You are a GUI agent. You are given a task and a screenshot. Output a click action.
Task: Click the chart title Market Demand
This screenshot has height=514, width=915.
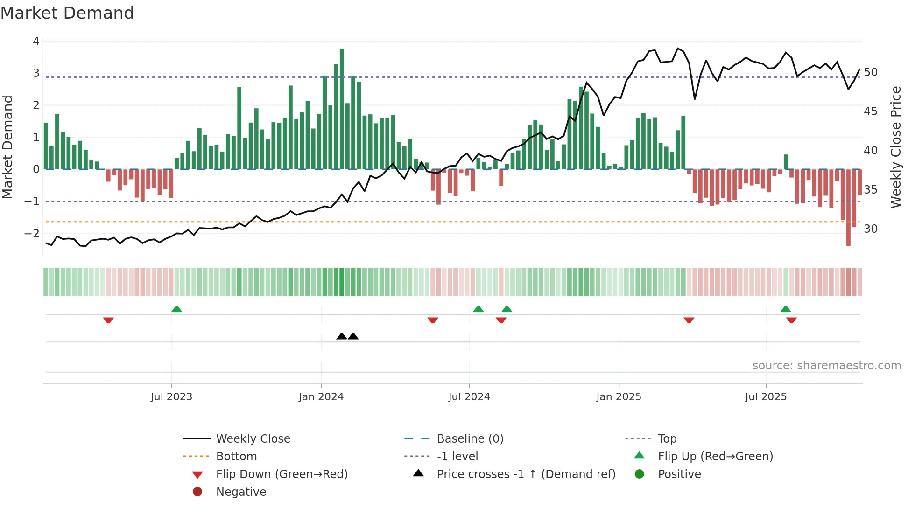click(67, 13)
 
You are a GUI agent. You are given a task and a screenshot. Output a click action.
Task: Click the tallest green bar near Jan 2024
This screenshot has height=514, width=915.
click(342, 108)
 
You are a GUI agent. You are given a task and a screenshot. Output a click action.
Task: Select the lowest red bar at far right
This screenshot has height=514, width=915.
click(848, 208)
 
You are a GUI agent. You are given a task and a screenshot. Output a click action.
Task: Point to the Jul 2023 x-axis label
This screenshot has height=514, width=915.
click(171, 397)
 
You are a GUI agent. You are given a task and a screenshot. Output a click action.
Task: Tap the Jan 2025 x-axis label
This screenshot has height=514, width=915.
click(619, 397)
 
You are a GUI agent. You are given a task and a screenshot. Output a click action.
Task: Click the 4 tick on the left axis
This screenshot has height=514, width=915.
click(36, 42)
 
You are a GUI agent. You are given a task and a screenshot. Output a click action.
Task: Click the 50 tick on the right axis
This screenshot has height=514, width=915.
click(871, 72)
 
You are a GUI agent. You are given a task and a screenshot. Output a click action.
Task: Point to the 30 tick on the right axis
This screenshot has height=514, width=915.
click(871, 229)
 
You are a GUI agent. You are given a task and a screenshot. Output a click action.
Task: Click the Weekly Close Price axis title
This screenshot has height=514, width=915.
click(895, 147)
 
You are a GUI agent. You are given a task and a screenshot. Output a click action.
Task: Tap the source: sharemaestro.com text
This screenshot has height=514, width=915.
click(826, 366)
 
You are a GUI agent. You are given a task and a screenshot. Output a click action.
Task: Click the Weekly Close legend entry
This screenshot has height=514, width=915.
click(253, 439)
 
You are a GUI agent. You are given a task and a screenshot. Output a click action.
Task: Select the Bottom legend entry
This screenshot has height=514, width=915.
click(236, 457)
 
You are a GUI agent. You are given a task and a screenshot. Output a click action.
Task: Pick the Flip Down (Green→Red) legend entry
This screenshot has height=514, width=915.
click(282, 474)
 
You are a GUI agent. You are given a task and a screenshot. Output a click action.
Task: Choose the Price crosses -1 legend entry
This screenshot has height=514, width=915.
click(526, 474)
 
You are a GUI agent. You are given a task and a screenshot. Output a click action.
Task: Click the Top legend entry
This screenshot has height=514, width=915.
click(667, 439)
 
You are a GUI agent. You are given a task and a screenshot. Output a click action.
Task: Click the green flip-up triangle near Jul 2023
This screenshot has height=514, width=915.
click(176, 309)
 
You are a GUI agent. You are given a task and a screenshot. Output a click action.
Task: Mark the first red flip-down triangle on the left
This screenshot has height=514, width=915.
click(108, 320)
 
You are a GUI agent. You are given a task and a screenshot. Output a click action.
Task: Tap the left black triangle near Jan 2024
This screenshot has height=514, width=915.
click(342, 336)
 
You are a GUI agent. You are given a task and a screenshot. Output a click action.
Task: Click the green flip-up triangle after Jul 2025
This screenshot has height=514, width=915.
click(786, 309)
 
